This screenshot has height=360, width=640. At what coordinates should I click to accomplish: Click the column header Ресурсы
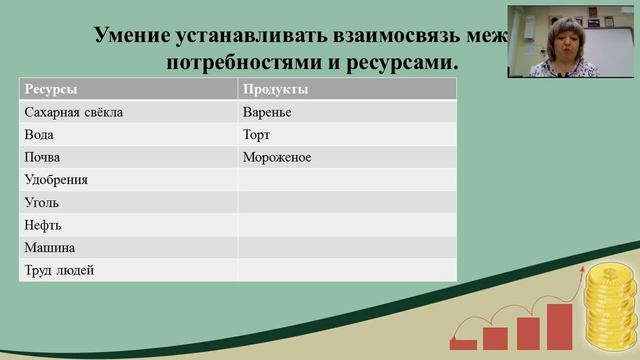50,90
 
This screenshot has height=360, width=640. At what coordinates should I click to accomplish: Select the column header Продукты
275,90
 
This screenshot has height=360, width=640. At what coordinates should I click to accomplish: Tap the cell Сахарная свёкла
73,112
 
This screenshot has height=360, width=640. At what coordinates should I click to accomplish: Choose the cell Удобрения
56,180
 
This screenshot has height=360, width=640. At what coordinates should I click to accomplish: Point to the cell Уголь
41,202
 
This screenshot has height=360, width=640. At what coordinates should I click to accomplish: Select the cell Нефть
42,225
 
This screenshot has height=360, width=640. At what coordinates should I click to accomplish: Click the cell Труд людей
58,270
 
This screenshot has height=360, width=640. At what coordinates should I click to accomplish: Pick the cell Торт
256,134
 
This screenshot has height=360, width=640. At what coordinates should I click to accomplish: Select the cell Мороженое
277,157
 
